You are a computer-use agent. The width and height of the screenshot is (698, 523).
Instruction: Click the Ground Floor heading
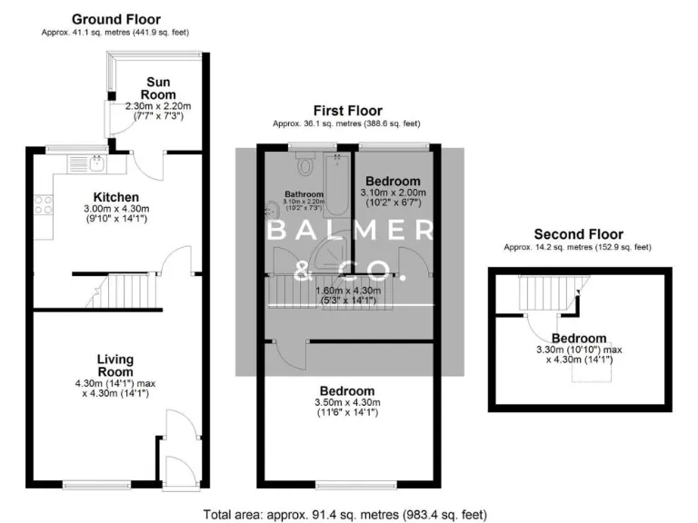(115, 18)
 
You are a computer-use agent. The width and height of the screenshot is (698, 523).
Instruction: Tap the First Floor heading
(347, 111)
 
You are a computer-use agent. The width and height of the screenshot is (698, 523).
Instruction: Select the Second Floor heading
(580, 234)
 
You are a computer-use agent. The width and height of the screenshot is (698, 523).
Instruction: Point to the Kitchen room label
(116, 197)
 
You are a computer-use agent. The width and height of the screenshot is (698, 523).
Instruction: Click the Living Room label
(115, 365)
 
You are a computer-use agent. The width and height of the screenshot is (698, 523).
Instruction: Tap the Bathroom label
(304, 194)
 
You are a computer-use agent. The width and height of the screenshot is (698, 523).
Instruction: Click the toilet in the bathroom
(304, 165)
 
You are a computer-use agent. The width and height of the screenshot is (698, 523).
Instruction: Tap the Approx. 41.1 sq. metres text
(115, 33)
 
